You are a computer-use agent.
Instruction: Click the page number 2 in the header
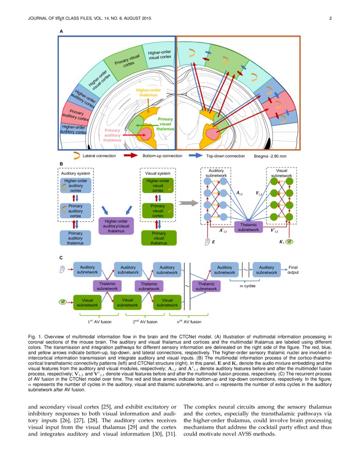pos(330,18)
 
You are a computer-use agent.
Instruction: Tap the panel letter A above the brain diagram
pos(61,31)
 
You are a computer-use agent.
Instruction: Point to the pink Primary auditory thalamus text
pos(112,135)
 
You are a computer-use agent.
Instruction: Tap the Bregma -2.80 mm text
pos(270,156)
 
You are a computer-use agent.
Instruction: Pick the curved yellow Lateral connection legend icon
pos(77,155)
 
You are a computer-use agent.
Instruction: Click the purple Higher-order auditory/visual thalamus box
pos(116,226)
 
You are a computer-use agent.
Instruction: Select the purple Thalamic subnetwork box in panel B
pos(249,227)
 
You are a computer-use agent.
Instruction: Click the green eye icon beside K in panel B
pos(289,242)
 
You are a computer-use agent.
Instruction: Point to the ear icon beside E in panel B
pos(207,242)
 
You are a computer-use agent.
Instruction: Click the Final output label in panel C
pos(293,270)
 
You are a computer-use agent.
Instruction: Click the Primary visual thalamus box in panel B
pos(159,238)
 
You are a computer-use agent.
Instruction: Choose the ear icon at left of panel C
pos(63,269)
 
